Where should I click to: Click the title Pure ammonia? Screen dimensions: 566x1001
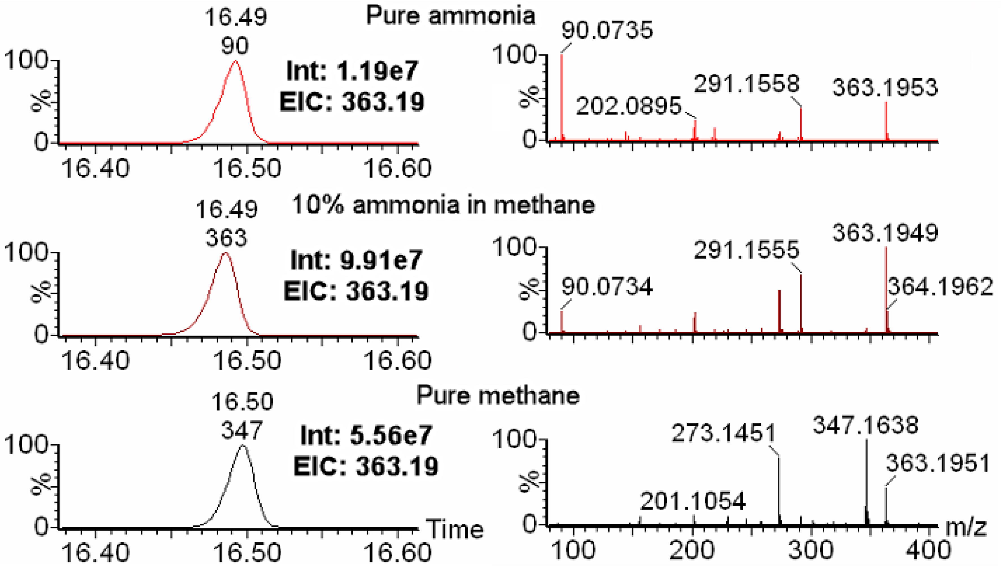(x=450, y=16)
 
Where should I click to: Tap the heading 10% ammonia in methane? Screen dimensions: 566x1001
(x=443, y=205)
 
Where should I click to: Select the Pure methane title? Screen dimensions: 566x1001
(x=498, y=396)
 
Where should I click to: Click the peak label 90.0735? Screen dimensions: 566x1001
(x=607, y=30)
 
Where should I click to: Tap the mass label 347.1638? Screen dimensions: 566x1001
(x=865, y=425)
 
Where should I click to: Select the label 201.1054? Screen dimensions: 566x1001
(x=693, y=501)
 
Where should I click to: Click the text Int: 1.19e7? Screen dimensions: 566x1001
(x=352, y=72)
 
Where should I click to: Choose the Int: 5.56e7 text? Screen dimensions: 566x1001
(x=366, y=435)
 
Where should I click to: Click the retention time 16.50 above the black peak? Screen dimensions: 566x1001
(x=243, y=402)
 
